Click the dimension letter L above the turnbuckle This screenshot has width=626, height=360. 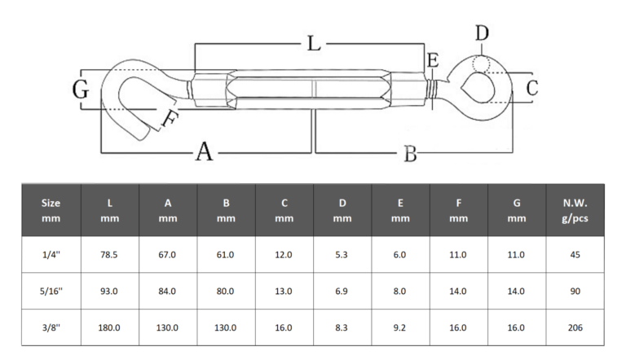pyautogui.click(x=313, y=44)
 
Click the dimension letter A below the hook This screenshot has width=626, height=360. pyautogui.click(x=204, y=151)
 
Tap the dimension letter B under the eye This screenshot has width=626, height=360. pyautogui.click(x=411, y=153)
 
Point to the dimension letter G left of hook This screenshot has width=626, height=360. pyautogui.click(x=80, y=90)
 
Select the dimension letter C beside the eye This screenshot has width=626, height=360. pyautogui.click(x=531, y=88)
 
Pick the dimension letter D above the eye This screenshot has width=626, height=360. pyautogui.click(x=483, y=33)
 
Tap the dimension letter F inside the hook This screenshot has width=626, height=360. pyautogui.click(x=168, y=120)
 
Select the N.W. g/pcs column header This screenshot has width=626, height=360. pyautogui.click(x=574, y=210)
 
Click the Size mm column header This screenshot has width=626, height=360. pyautogui.click(x=51, y=210)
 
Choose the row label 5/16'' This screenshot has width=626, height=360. pyautogui.click(x=51, y=291)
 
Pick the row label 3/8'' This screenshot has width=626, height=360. pyautogui.click(x=51, y=327)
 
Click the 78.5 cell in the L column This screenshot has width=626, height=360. pyautogui.click(x=109, y=255)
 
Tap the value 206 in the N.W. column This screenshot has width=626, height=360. pyautogui.click(x=574, y=327)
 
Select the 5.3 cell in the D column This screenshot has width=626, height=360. pyautogui.click(x=342, y=255)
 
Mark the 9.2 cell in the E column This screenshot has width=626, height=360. pyautogui.click(x=400, y=327)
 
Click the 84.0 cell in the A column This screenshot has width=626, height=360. pyautogui.click(x=168, y=291)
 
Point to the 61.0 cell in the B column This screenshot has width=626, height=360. pyautogui.click(x=226, y=255)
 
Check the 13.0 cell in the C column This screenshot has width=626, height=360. pyautogui.click(x=284, y=291)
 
